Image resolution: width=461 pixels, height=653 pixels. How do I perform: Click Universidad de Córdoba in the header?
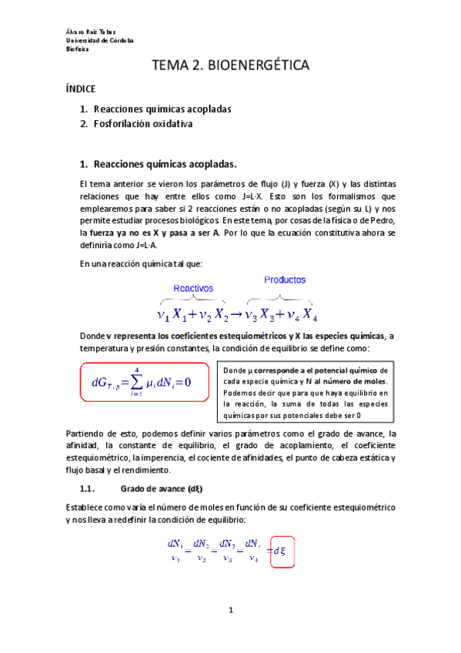(100, 40)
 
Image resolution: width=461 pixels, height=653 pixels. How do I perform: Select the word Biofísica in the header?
(78, 49)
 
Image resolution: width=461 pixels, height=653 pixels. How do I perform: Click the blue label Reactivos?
(193, 288)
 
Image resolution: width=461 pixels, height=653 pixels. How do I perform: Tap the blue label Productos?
(285, 280)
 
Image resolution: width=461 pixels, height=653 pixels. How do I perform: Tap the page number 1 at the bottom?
(230, 611)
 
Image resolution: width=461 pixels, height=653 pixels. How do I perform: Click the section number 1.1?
(87, 488)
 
